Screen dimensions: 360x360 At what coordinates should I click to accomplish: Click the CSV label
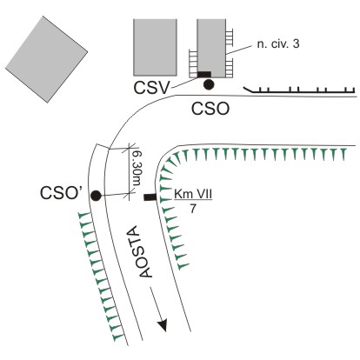coord(151,88)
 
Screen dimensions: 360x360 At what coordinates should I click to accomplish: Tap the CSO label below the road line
coord(210,110)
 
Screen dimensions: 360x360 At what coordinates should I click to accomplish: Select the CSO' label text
coord(60,193)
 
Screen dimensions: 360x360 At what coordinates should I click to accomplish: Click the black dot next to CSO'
coord(96,196)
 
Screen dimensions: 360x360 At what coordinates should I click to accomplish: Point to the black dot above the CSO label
coord(209,84)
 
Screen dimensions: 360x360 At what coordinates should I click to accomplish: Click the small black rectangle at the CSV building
coord(204,75)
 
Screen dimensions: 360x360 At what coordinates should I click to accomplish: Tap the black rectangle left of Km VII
coord(150,197)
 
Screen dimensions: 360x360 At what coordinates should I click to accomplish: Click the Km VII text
coord(193,194)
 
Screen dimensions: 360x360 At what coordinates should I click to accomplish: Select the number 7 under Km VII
coord(193,209)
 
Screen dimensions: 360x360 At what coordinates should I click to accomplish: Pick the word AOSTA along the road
coord(145,251)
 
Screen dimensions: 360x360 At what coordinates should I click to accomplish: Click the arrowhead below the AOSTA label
coord(163,325)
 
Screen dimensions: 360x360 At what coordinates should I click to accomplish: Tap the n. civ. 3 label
coord(278,44)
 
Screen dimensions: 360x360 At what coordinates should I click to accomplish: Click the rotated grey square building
coord(46,59)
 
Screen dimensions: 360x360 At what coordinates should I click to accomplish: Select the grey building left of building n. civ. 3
coord(155,48)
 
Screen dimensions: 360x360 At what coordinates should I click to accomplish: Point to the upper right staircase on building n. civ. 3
coord(230,37)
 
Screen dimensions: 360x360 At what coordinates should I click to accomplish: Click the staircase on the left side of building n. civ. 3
coord(193,63)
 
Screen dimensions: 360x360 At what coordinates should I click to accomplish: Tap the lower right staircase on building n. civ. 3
coord(230,68)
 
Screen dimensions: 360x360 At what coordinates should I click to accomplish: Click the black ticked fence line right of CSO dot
coord(299,90)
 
